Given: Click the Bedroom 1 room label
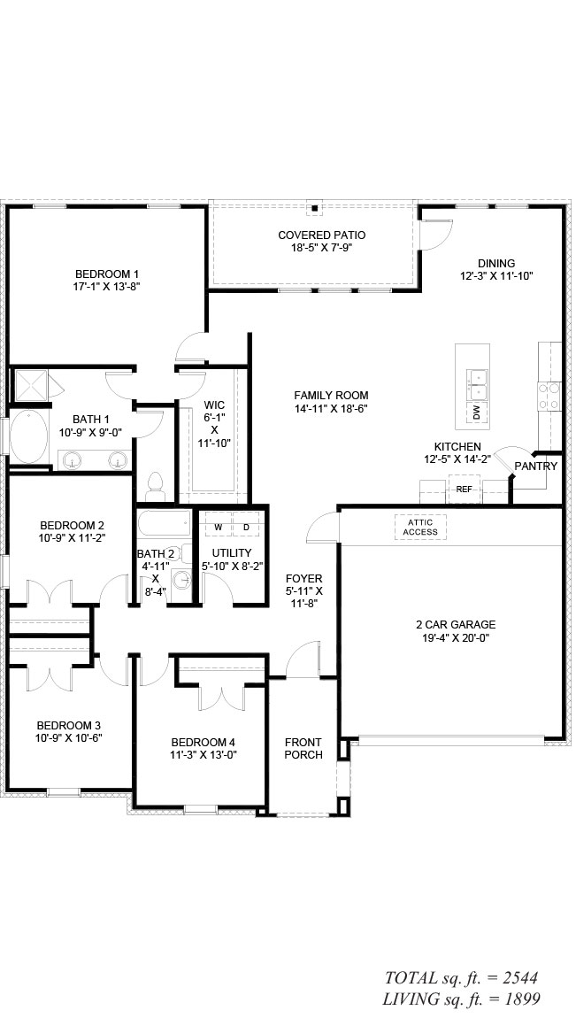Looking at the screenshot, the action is tap(107, 274).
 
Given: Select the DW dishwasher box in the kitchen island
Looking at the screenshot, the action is tap(478, 412).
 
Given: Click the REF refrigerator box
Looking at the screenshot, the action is tap(464, 490).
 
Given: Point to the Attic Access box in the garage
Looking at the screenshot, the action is tap(420, 528).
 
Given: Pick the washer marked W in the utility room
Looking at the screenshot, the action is tap(219, 527).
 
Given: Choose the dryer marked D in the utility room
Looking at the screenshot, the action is tap(246, 527).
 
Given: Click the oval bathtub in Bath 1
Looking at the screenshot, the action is tap(29, 436).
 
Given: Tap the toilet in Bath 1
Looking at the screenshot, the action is tap(155, 486).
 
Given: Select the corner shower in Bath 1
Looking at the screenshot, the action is tap(31, 385).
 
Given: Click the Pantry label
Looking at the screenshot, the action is tap(536, 467).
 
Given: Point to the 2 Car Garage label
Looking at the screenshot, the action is tap(456, 625).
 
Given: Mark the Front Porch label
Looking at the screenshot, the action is tap(303, 749).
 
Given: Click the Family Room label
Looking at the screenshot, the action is tap(331, 396).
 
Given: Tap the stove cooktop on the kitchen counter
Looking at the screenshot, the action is tap(549, 396).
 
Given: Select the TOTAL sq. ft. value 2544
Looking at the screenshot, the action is tap(518, 977).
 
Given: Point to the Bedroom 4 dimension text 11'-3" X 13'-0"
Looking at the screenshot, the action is tap(203, 754).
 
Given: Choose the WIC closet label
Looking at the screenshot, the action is tap(214, 405).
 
